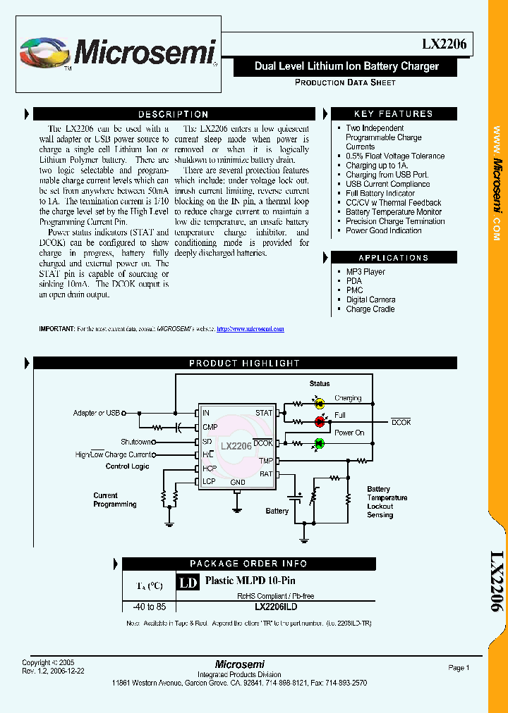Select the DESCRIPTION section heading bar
pos(173,114)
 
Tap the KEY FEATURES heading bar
pos(393,114)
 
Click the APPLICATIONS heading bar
pos(393,258)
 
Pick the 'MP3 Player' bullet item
pos(365,272)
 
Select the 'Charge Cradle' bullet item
pos(370,309)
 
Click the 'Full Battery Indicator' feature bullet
pos(380,193)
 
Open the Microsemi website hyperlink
pos(250,329)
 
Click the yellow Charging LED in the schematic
pos(319,404)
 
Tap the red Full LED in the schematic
pos(319,421)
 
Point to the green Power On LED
pos(318,443)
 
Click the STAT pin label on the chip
pos(264,413)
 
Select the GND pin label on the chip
pos(238,483)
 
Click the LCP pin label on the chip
pos(209,482)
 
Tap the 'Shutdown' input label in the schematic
pos(135,442)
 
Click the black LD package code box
pos(187,583)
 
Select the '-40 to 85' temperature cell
pos(150,607)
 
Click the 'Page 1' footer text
pos(459,668)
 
